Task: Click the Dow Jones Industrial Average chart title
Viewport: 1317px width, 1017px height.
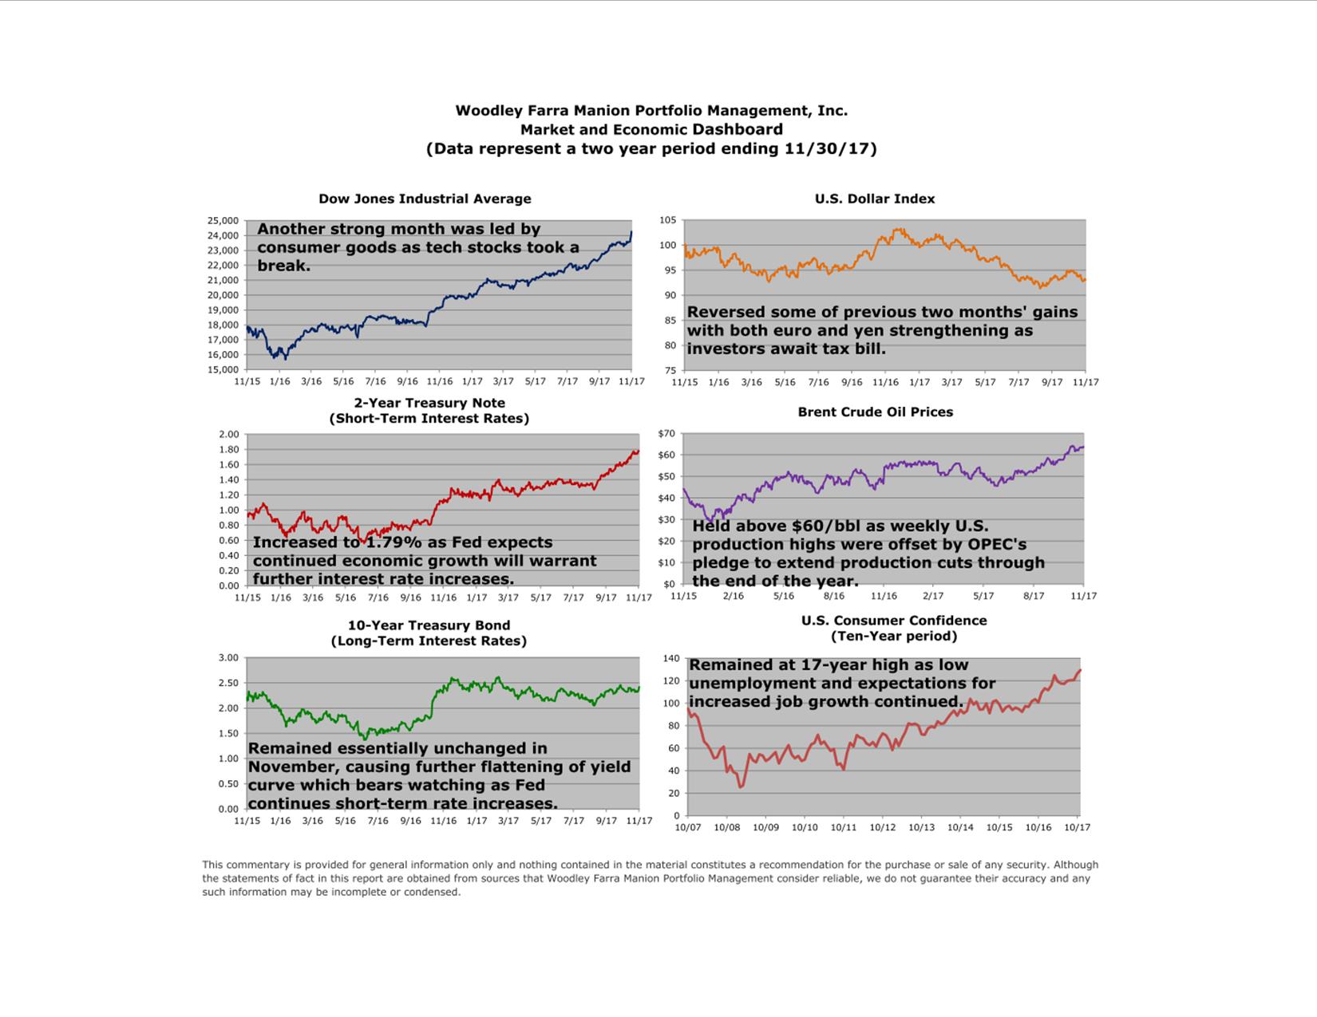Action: click(425, 199)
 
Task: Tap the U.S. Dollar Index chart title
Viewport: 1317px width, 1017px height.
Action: click(874, 199)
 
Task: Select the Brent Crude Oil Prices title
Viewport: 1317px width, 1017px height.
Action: click(875, 412)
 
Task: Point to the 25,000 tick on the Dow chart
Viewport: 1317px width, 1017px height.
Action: click(223, 220)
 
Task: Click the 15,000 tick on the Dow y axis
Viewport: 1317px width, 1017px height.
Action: click(223, 369)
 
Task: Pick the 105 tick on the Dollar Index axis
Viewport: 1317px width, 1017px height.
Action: click(667, 220)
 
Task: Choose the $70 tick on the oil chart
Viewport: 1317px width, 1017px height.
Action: click(666, 434)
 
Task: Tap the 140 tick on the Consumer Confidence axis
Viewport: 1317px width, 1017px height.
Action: click(670, 659)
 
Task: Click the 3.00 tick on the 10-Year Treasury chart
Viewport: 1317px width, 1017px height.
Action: click(228, 658)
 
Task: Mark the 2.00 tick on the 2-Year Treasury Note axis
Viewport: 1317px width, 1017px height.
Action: click(228, 435)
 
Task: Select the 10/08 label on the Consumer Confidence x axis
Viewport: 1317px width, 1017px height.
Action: click(726, 827)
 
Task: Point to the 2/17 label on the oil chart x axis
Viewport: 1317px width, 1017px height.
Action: click(933, 596)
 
